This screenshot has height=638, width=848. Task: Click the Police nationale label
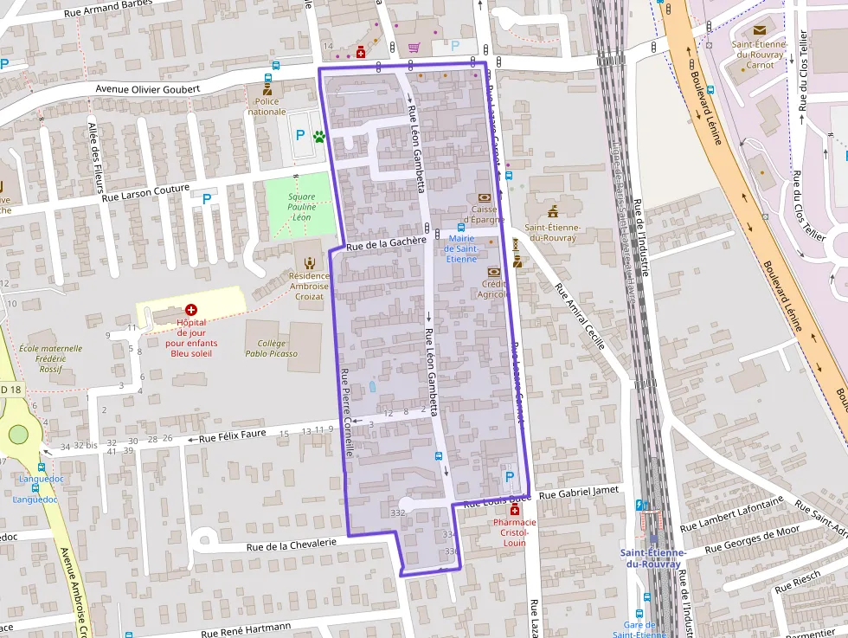click(267, 106)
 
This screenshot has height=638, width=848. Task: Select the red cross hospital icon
click(191, 309)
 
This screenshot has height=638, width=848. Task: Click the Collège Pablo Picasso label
click(271, 348)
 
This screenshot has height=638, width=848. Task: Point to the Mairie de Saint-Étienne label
click(461, 248)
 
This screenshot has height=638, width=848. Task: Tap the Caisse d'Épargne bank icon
click(484, 197)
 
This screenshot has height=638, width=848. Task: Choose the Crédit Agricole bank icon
click(492, 272)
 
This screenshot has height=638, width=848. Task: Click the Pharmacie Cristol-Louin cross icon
click(515, 511)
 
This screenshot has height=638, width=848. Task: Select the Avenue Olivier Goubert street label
click(148, 89)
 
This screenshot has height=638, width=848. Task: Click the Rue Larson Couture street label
click(145, 197)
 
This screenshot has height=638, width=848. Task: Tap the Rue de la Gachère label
click(387, 245)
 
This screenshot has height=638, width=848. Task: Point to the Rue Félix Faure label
click(232, 437)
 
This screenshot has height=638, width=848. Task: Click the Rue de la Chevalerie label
click(291, 545)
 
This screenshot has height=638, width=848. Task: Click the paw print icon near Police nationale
click(319, 135)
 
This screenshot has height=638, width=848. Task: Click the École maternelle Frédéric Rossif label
click(50, 358)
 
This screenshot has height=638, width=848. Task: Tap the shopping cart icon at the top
click(414, 47)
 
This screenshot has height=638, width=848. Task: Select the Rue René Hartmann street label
click(246, 631)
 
